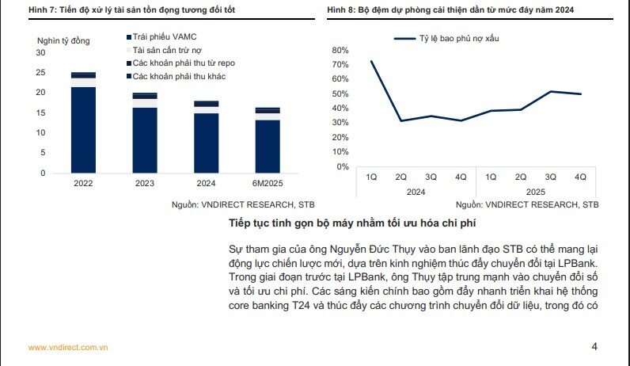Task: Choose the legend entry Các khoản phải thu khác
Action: tap(178, 75)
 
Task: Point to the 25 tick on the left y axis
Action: tap(40, 72)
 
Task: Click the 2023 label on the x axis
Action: tap(144, 182)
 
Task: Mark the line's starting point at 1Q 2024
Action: tap(371, 61)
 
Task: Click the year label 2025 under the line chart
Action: tap(536, 192)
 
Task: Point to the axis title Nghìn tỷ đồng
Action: tap(63, 40)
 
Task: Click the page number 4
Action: tap(594, 346)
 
